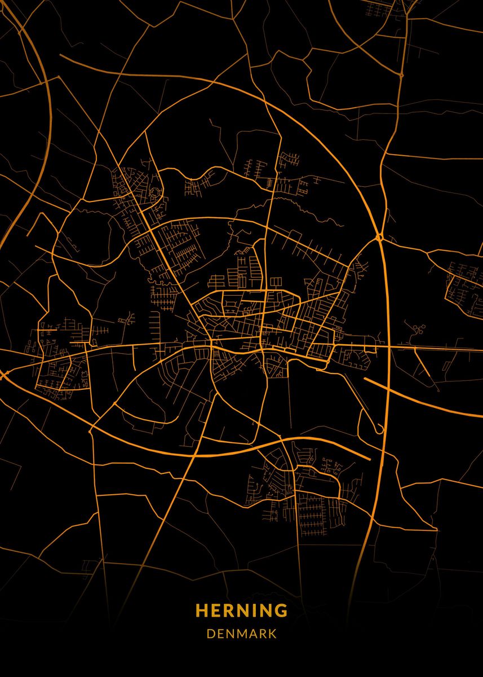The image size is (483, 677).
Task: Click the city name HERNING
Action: (241, 610)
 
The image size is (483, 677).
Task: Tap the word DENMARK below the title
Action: (241, 634)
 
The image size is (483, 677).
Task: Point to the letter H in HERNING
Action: (201, 610)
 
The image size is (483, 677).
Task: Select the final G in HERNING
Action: (281, 610)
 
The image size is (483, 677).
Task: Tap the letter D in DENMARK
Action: (210, 634)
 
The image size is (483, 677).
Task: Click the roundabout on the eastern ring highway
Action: (380, 238)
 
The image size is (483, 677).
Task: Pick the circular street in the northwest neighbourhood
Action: (154, 193)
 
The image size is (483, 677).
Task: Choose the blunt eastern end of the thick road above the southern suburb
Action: (369, 458)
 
